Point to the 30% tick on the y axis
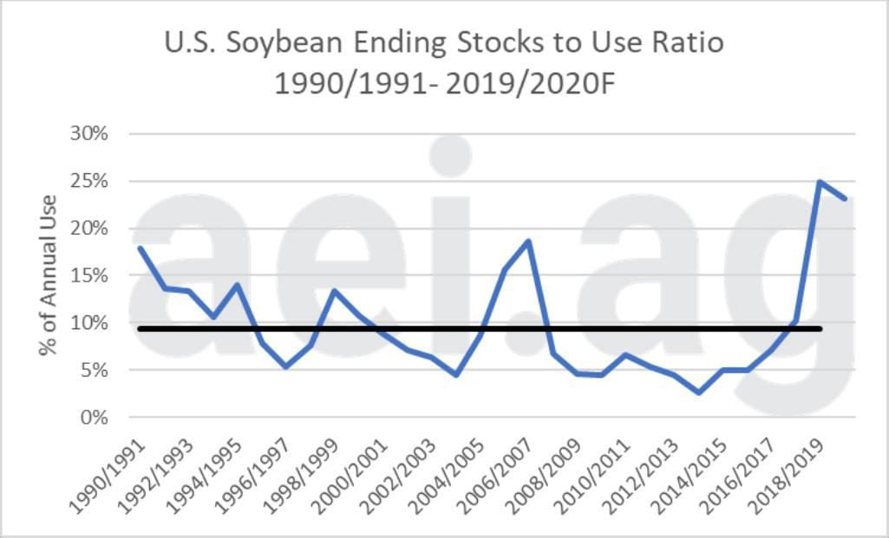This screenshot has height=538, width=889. [x=89, y=134]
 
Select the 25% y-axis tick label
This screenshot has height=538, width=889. [x=89, y=182]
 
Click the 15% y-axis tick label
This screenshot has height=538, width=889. [x=89, y=276]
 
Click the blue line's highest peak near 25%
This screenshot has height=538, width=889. [x=820, y=182]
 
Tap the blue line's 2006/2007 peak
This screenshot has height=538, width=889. [x=528, y=242]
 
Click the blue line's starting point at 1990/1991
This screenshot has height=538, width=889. [x=140, y=249]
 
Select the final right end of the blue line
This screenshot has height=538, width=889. [x=844, y=198]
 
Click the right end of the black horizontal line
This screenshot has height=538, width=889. [x=820, y=328]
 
